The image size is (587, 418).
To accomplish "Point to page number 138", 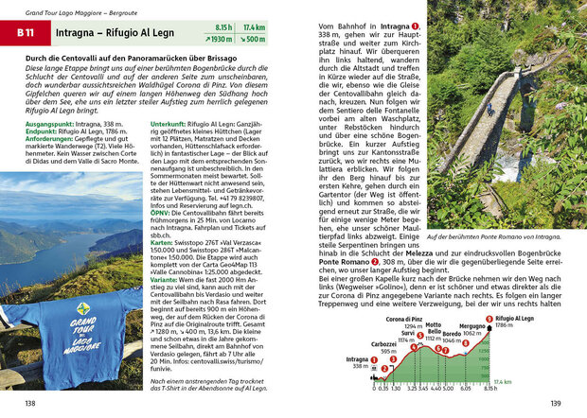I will tap(30, 404).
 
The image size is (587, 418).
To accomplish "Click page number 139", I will tap(557, 404).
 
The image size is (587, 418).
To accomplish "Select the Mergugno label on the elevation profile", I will tap(473, 326).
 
